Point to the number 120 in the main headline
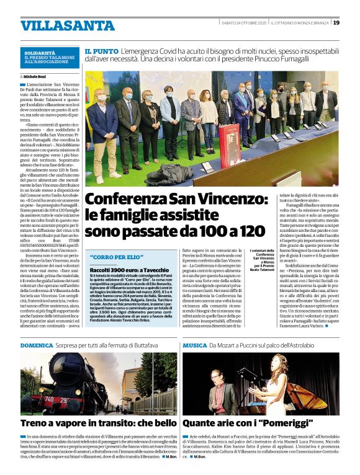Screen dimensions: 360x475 (246, 231)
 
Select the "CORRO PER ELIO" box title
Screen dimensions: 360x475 (112, 256)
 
